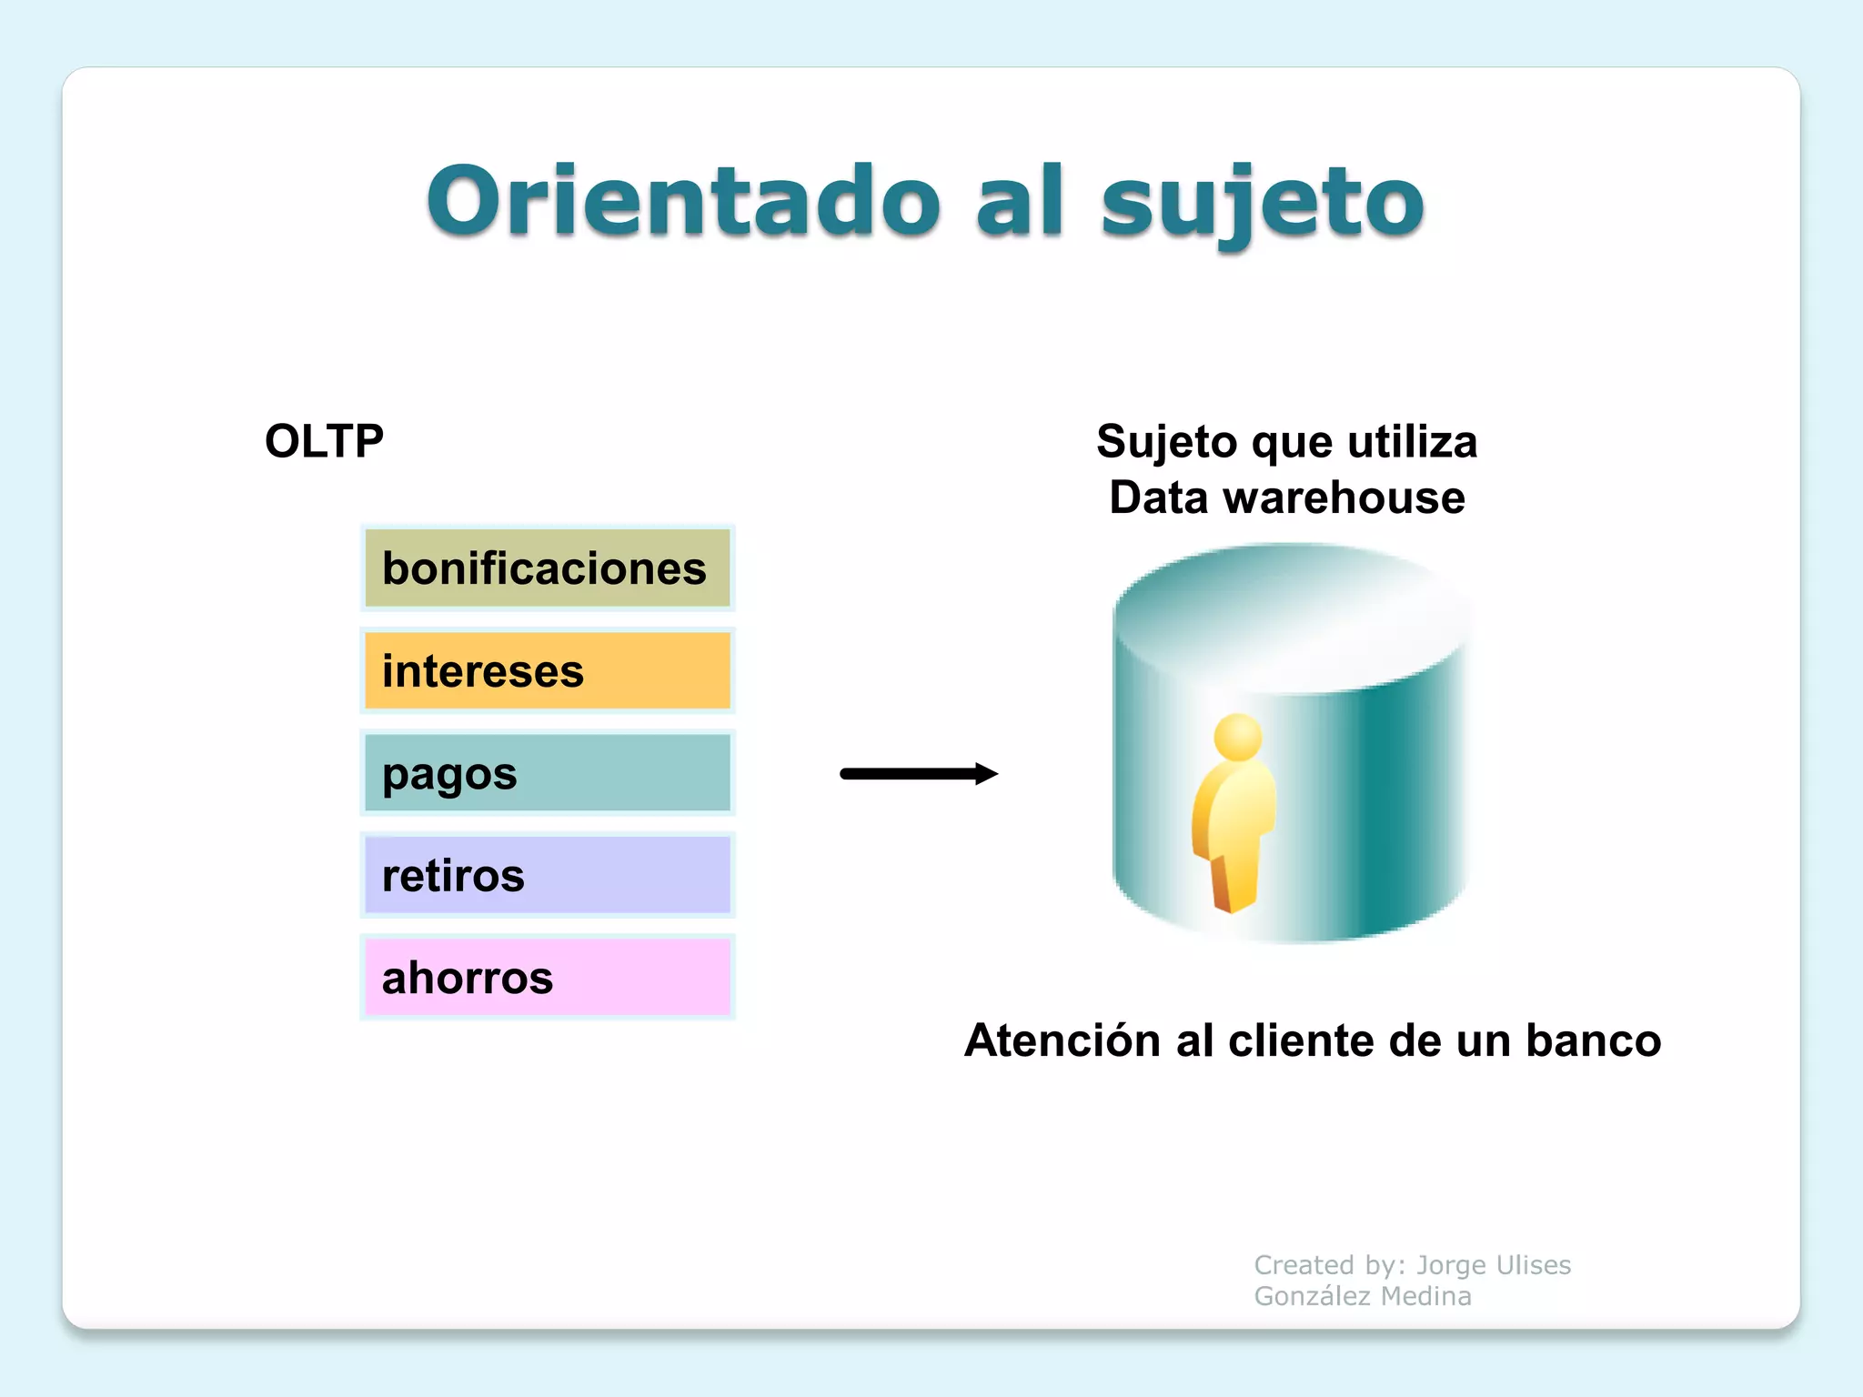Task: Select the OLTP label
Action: [x=324, y=441]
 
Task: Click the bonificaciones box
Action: [x=547, y=568]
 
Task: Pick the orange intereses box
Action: [x=547, y=671]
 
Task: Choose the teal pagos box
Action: [x=547, y=773]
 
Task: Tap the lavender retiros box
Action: [x=547, y=875]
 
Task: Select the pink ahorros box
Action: [x=547, y=978]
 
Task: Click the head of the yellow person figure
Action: [x=1238, y=737]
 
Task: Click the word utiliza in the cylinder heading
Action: [x=1412, y=442]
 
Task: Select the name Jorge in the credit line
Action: [x=1451, y=1265]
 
